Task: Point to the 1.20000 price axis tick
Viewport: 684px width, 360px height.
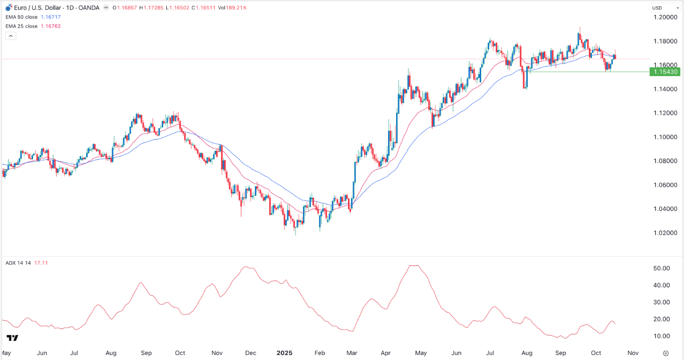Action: point(665,17)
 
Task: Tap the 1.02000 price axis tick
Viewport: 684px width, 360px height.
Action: point(665,233)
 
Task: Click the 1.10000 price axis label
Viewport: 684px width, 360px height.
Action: point(665,137)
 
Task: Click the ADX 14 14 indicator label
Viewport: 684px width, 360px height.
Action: point(18,263)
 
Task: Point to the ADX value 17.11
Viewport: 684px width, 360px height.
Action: point(41,263)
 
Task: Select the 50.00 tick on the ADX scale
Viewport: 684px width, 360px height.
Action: point(662,268)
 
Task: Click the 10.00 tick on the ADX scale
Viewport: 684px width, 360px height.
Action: point(662,336)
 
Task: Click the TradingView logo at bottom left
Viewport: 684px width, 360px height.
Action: point(13,338)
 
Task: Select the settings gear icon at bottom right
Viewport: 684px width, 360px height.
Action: point(665,352)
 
